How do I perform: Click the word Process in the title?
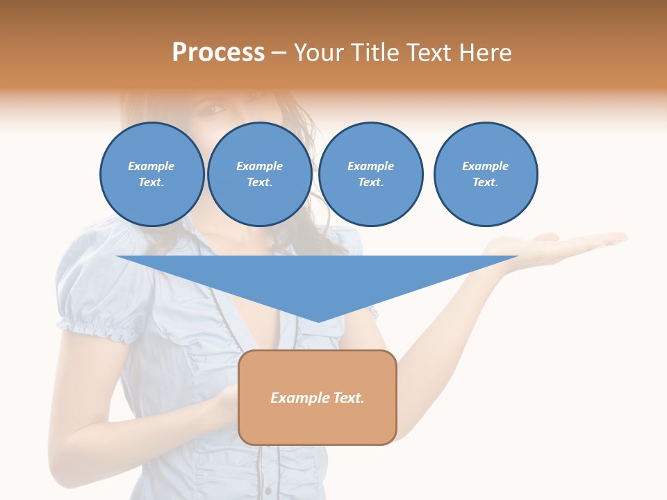(x=218, y=53)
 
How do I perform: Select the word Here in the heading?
(x=486, y=53)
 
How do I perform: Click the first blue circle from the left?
(x=152, y=174)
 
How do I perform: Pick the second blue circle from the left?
(x=260, y=174)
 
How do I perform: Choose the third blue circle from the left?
(x=371, y=174)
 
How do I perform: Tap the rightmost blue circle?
(x=486, y=174)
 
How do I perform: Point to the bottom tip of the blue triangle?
(x=318, y=322)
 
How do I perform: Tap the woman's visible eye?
(x=215, y=109)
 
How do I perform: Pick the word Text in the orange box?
(x=349, y=398)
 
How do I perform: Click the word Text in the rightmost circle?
(x=485, y=183)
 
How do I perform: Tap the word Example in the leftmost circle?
(x=151, y=166)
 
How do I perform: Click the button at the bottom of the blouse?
(x=268, y=490)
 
